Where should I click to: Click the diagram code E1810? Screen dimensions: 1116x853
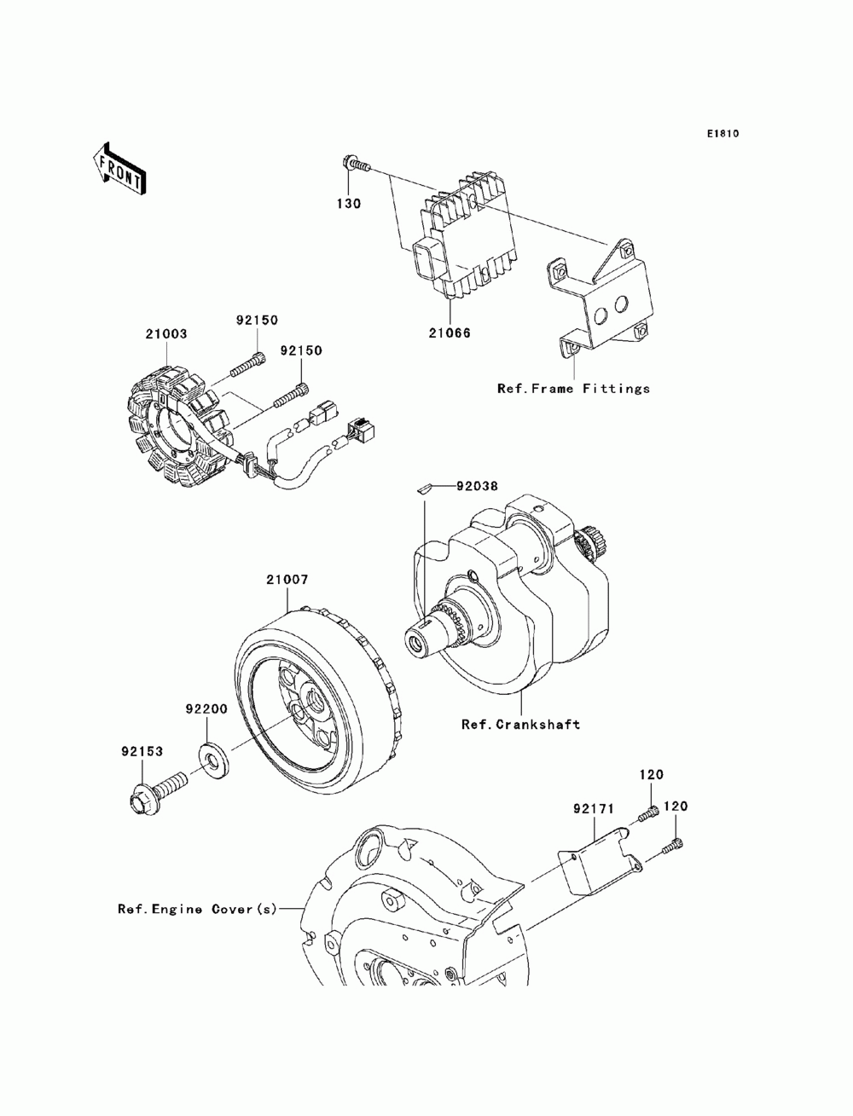point(722,134)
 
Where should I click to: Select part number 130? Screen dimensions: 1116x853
point(349,204)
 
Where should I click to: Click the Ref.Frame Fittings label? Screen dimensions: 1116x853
point(573,389)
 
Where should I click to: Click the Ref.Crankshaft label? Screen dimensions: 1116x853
point(520,725)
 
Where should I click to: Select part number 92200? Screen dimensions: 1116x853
point(206,708)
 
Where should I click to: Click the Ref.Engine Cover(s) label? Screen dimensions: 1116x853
point(198,909)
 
